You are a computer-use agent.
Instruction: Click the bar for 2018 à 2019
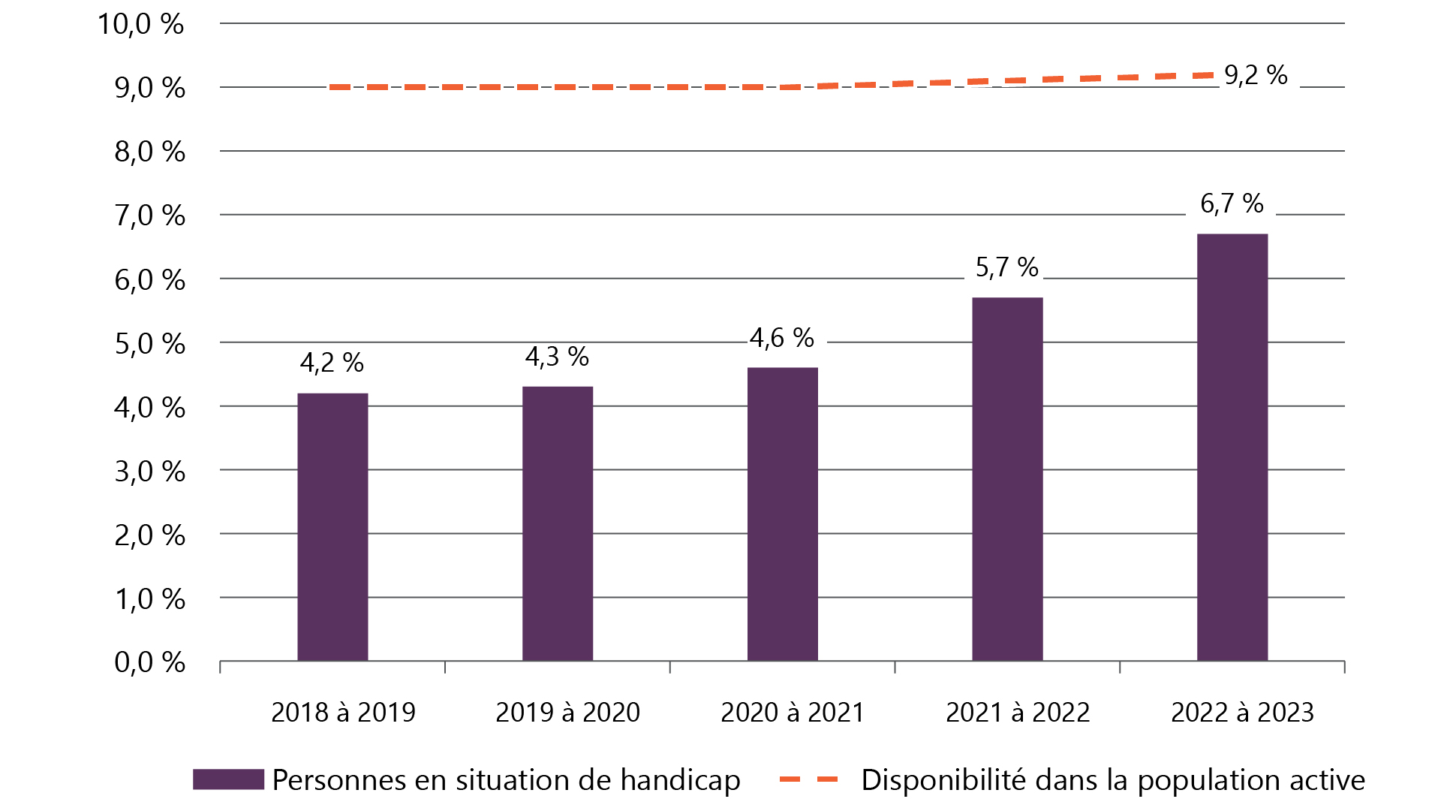[x=332, y=526]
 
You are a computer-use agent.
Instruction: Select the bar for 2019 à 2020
[x=558, y=523]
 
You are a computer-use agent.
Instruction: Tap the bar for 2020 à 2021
[x=782, y=514]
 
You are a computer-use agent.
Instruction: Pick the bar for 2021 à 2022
[x=1007, y=479]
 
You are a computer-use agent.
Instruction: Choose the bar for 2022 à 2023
[x=1232, y=448]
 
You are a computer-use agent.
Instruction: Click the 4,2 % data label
[x=332, y=363]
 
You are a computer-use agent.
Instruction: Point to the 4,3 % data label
[x=557, y=357]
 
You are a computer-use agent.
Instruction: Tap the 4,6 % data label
[x=782, y=338]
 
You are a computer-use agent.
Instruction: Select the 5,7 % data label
[x=1006, y=267]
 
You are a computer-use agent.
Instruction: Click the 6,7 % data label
[x=1232, y=204]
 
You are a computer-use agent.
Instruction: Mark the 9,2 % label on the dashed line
[x=1256, y=75]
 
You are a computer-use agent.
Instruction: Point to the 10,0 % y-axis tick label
[x=140, y=24]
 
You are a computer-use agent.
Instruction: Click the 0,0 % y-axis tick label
[x=149, y=662]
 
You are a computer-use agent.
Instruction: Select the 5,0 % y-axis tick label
[x=149, y=344]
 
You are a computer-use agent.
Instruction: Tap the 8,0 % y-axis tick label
[x=149, y=152]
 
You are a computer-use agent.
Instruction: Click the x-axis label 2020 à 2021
[x=793, y=712]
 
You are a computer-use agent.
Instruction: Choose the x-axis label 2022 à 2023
[x=1242, y=712]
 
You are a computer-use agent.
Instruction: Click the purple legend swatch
[x=228, y=779]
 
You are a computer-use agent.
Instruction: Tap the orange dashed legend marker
[x=808, y=779]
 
